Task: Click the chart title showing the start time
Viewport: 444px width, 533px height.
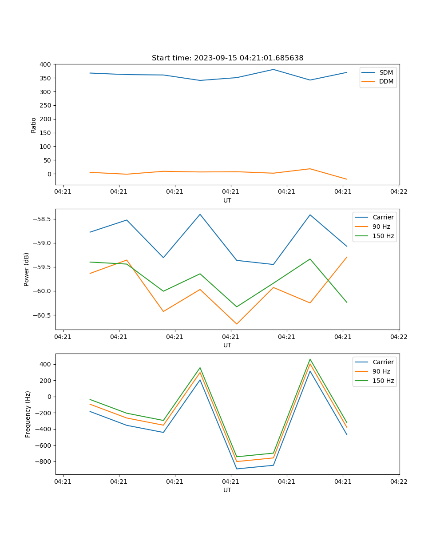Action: tap(227, 58)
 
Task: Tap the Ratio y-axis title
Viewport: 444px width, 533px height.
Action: tap(34, 124)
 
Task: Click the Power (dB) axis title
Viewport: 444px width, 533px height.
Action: tap(27, 269)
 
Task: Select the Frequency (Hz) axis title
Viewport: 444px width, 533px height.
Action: tap(28, 414)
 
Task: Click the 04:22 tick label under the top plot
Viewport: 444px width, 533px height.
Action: tap(398, 191)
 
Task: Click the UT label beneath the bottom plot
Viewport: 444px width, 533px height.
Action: tap(227, 490)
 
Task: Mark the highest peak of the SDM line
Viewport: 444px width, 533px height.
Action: tap(274, 69)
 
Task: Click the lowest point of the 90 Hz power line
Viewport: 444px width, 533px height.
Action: tap(237, 324)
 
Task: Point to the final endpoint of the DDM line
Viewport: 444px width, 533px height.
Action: tap(347, 179)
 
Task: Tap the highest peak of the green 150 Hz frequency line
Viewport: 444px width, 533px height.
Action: tap(310, 359)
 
